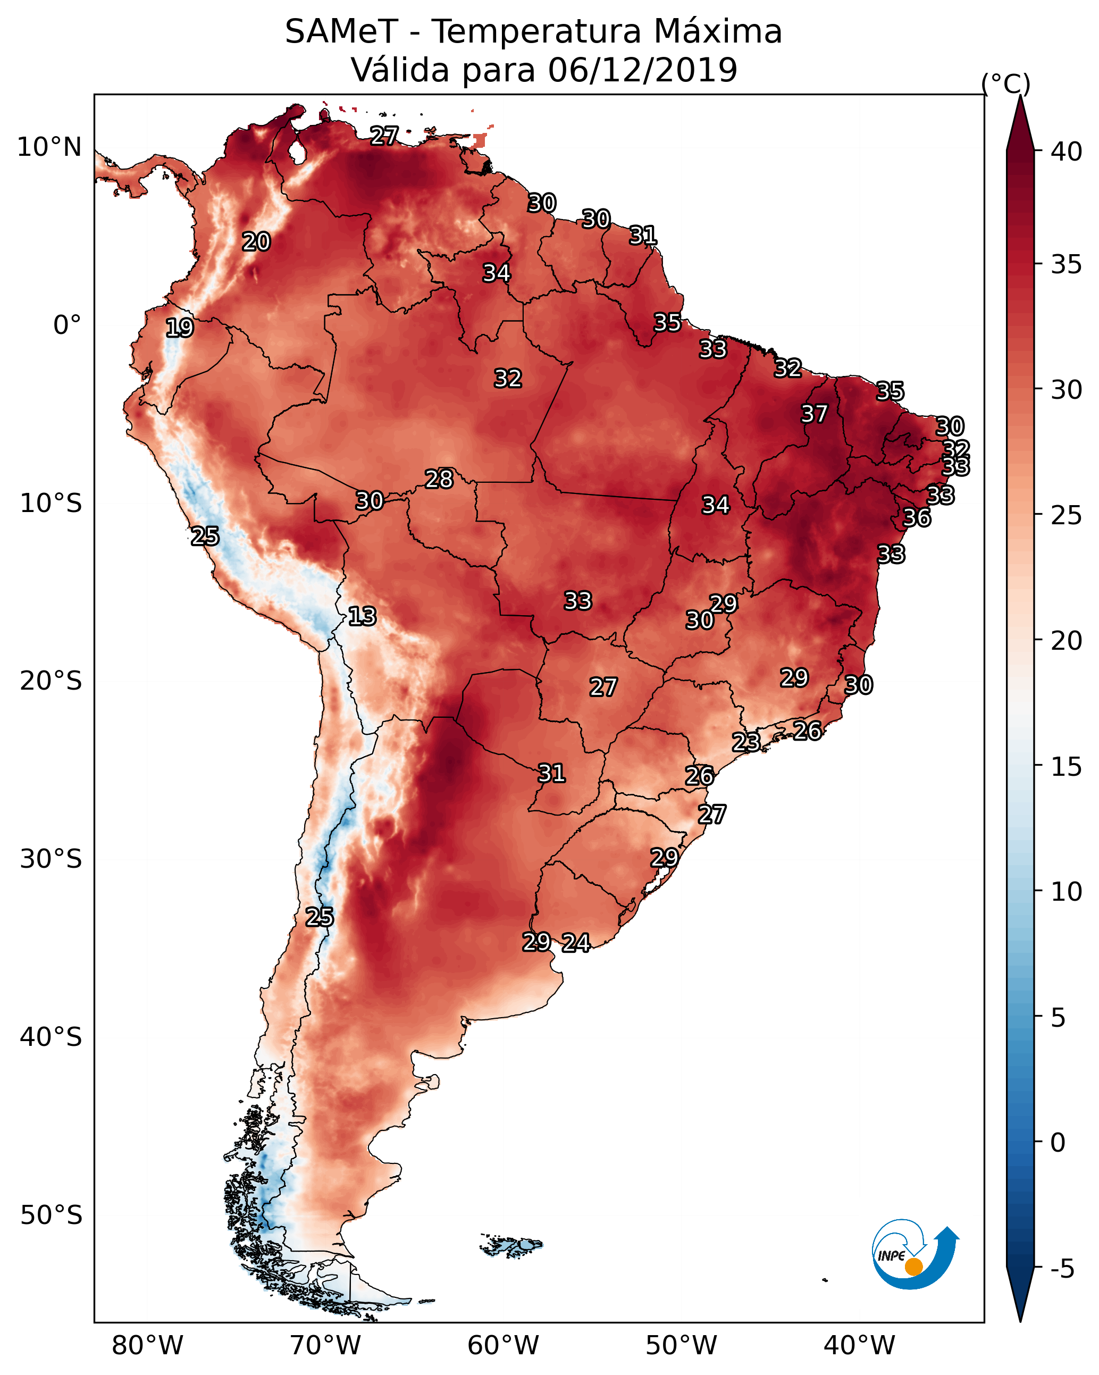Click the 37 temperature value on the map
[x=814, y=414]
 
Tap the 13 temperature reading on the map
[x=362, y=616]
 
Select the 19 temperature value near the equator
[x=179, y=328]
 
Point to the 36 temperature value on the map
[x=917, y=517]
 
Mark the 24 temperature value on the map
[x=576, y=943]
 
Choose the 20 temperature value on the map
[x=256, y=242]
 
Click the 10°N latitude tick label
[x=49, y=147]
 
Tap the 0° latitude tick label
[x=67, y=325]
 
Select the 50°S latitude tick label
[x=51, y=1215]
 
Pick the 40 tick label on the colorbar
[x=1067, y=152]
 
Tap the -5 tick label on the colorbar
[x=1063, y=1269]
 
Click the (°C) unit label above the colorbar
[x=1006, y=83]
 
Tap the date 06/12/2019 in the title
[x=642, y=70]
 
